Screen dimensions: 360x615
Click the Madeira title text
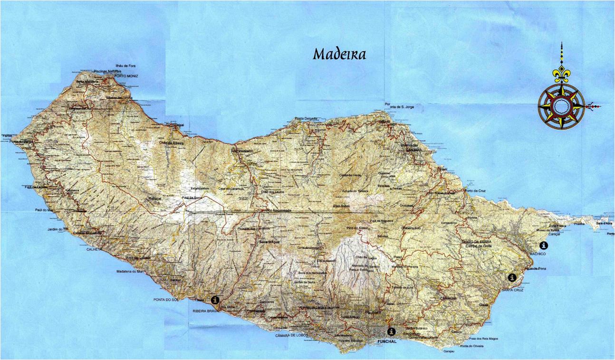point(339,54)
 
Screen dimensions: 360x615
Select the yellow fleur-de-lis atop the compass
point(561,74)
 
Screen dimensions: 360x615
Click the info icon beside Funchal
point(391,332)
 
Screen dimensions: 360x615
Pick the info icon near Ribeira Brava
point(216,300)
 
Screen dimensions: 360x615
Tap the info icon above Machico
point(543,246)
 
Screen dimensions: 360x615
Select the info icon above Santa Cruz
point(512,277)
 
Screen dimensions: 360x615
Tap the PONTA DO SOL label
point(165,300)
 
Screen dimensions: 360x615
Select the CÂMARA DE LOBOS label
point(291,335)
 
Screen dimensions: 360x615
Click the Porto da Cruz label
point(476,191)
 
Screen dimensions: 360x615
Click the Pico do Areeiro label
point(357,229)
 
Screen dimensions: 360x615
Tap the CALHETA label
point(95,249)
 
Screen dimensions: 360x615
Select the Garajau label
point(449,352)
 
